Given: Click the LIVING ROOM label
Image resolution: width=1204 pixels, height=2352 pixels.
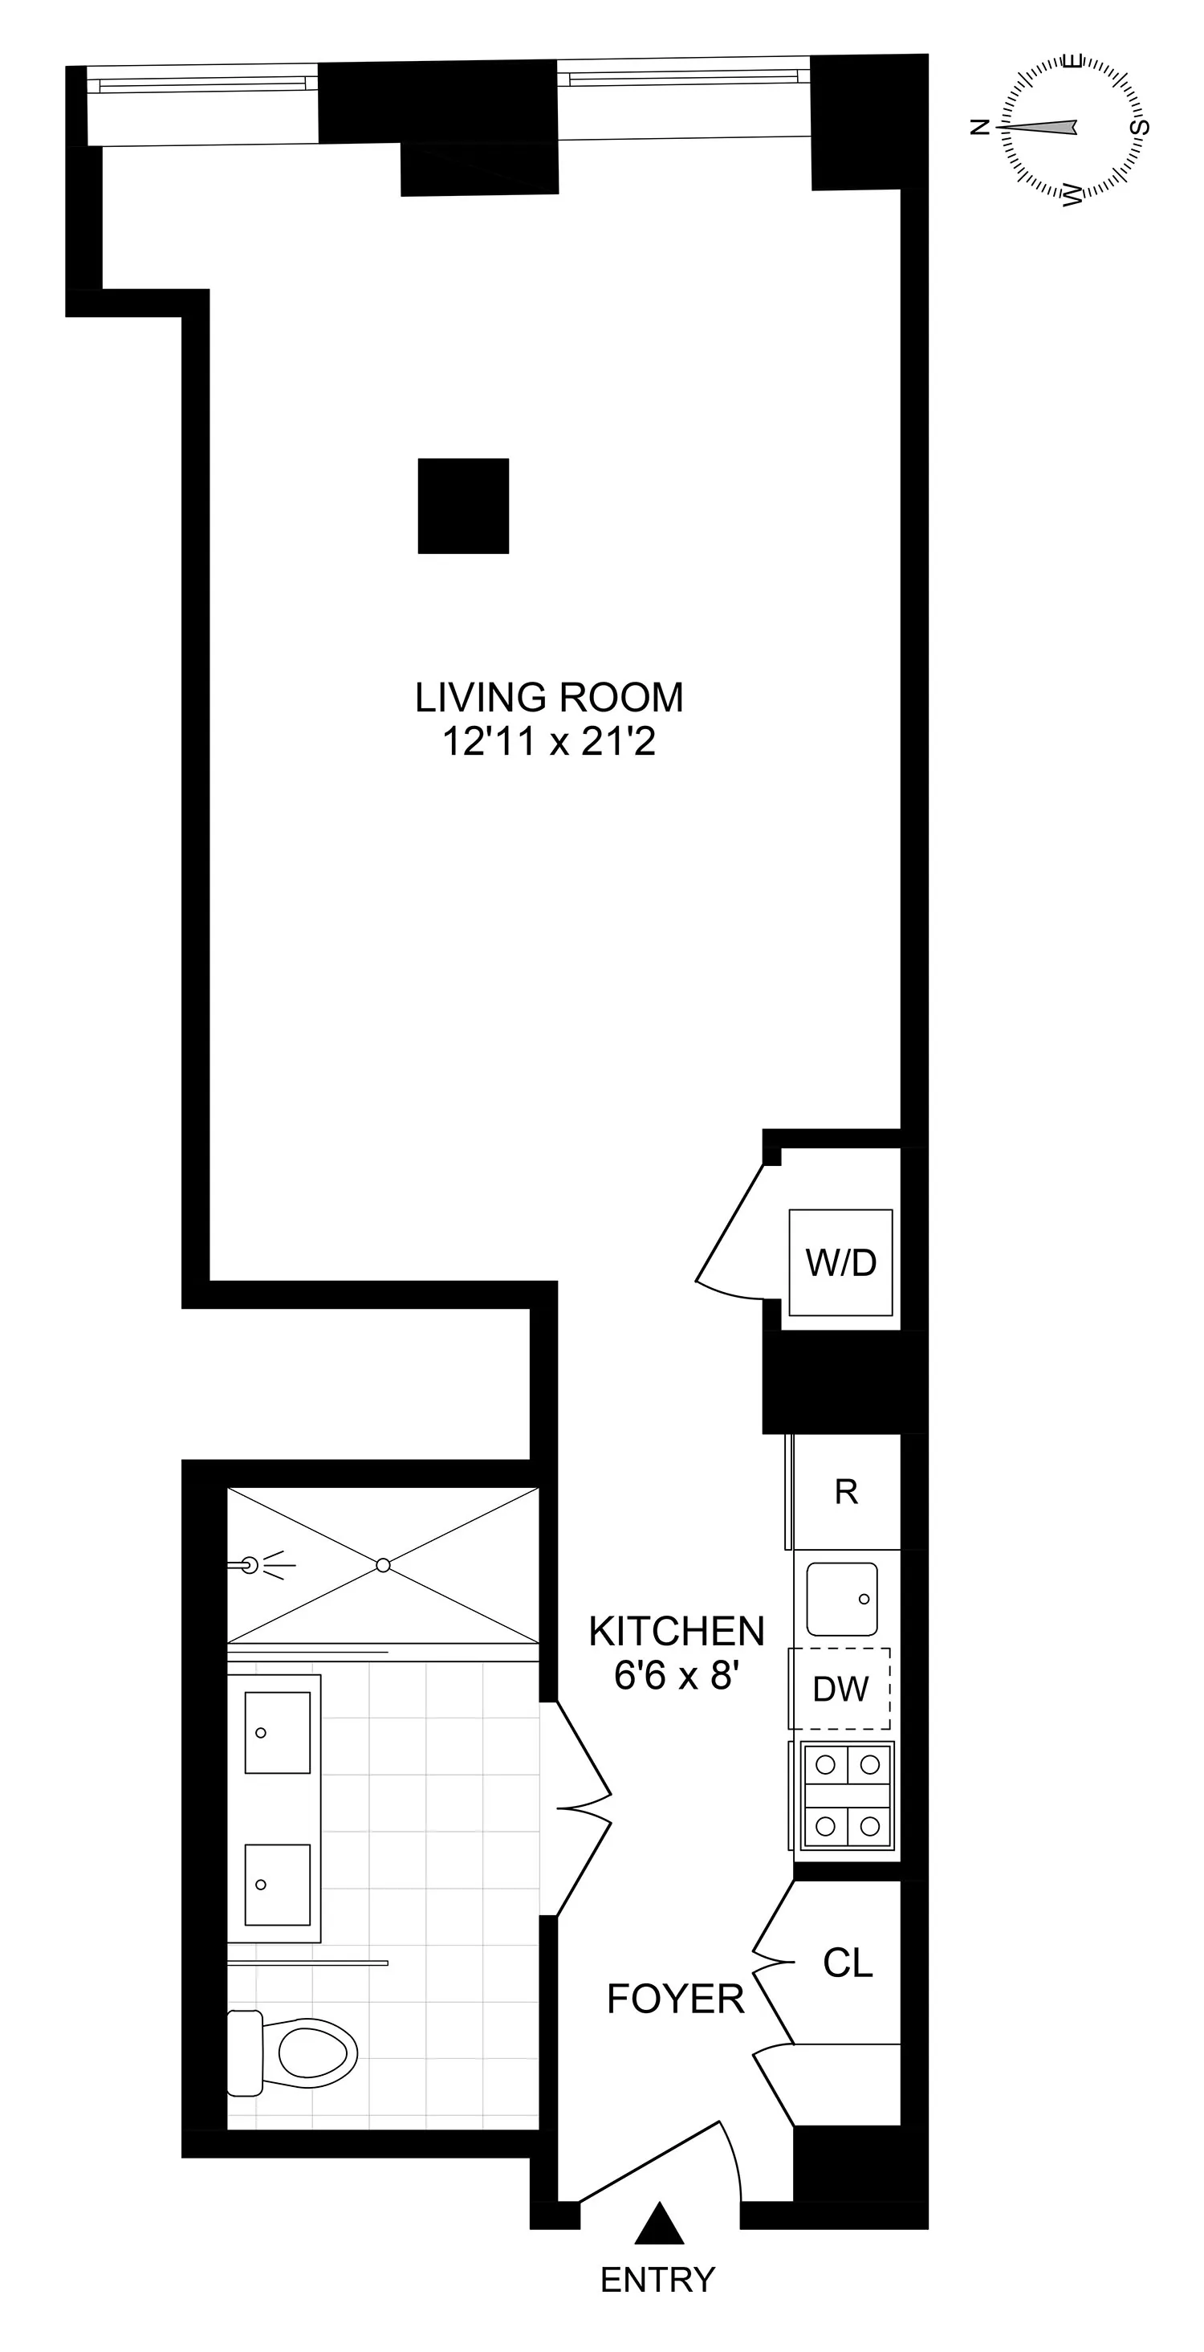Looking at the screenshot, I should coord(548,698).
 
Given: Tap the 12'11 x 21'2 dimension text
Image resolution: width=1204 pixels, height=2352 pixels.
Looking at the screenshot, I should coord(548,741).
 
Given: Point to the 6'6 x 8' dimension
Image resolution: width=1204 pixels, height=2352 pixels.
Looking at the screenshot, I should coord(677,1675).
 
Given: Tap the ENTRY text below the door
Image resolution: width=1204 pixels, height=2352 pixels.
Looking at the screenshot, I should coord(657,2280).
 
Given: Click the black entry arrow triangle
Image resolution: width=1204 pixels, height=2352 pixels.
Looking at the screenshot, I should coord(659,2224).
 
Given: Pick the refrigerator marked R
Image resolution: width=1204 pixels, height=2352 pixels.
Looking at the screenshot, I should coord(847,1492).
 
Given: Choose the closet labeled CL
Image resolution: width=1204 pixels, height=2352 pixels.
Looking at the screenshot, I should coord(848,1962).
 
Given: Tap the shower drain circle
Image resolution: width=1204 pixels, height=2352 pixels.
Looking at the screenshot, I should coord(384,1565).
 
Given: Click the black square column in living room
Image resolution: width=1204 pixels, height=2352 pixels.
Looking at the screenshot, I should coord(464,506).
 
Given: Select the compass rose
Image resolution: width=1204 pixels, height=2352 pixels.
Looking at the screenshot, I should coord(1072,128).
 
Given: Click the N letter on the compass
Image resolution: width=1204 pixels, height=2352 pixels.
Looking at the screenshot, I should coord(979,127).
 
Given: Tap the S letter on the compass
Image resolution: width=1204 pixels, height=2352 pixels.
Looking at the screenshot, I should coord(1139,127).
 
